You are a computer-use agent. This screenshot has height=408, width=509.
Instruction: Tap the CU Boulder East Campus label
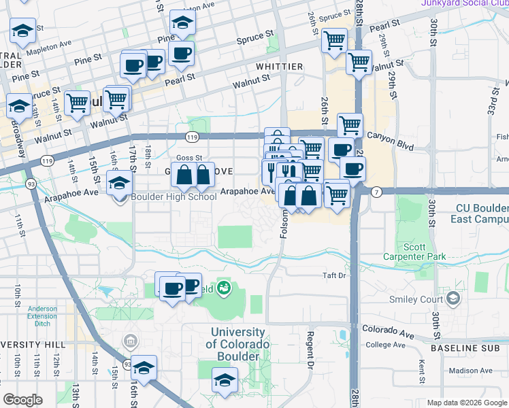479,214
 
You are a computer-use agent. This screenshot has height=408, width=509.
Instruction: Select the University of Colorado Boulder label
237,344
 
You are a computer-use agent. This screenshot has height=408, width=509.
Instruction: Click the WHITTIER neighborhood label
279,67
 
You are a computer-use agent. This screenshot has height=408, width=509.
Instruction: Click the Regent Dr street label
310,347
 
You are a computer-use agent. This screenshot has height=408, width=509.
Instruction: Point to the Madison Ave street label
470,371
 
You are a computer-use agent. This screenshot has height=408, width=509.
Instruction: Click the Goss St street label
189,158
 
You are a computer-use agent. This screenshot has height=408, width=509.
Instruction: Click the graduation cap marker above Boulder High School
119,182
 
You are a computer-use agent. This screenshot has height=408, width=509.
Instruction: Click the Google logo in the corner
22,400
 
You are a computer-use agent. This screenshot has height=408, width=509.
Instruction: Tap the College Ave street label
385,345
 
